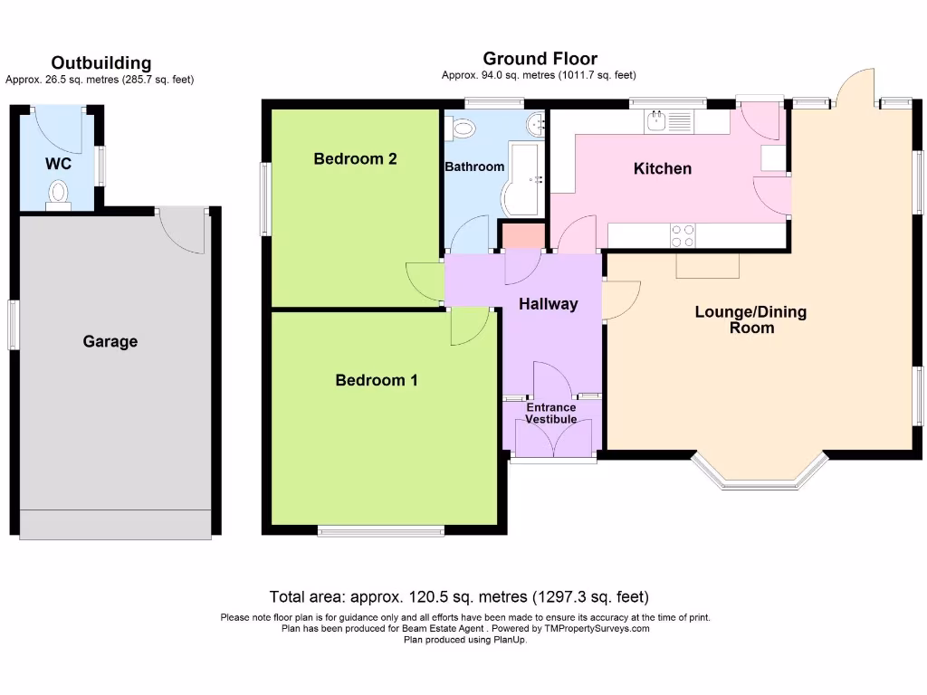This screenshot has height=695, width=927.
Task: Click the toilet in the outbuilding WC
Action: click(x=59, y=195)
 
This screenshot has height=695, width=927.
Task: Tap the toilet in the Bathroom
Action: click(x=462, y=128)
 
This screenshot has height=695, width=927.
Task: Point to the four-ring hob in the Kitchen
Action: click(x=683, y=235)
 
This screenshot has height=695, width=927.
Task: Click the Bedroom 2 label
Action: click(x=355, y=159)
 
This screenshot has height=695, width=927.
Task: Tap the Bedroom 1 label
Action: click(x=377, y=380)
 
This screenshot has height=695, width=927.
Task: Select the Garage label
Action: click(x=110, y=341)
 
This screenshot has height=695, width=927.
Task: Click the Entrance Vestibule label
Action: click(x=551, y=414)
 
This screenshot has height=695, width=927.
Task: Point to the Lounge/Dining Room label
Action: click(x=750, y=320)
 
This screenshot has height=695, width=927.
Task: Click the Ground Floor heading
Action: click(x=540, y=60)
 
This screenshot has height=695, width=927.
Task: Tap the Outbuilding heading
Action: click(x=100, y=63)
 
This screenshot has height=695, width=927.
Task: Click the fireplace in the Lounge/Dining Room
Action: click(x=707, y=265)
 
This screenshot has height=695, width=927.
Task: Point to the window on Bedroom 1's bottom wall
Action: click(x=380, y=530)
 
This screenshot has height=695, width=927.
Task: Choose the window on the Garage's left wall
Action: click(x=13, y=324)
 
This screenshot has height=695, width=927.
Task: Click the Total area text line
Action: click(x=459, y=597)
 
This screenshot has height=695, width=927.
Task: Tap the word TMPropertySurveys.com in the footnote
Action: click(x=597, y=628)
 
